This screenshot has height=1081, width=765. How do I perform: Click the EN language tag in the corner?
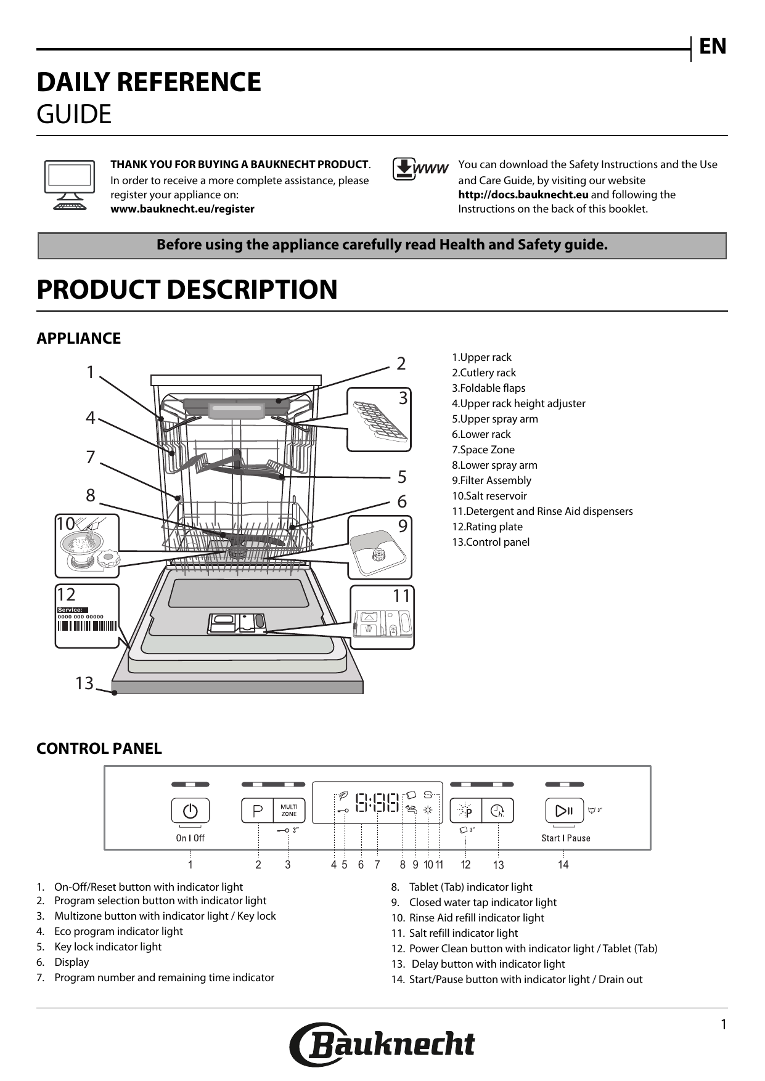point(712,47)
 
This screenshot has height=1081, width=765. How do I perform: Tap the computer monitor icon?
point(70,185)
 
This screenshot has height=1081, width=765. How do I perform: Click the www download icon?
point(420,169)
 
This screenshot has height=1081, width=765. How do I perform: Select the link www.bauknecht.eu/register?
point(182,209)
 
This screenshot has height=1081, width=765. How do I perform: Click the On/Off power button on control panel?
point(190,811)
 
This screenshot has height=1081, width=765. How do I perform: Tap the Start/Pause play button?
point(564,811)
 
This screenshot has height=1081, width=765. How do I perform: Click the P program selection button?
point(258,811)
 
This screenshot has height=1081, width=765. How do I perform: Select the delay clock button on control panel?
point(497,811)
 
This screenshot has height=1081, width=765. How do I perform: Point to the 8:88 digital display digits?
point(377,803)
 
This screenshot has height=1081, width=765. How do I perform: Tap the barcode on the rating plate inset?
point(87,626)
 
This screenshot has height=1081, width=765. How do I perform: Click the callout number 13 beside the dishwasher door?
point(84,683)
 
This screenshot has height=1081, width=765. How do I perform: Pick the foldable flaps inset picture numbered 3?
point(379,419)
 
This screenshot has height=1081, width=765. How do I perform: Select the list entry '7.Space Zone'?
point(483,450)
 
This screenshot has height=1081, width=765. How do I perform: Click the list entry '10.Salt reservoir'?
point(489,496)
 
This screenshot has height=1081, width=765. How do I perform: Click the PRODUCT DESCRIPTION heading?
point(187,289)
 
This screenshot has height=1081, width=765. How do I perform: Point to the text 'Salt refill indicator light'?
point(463,933)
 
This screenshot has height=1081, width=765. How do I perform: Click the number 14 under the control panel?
point(563,865)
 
